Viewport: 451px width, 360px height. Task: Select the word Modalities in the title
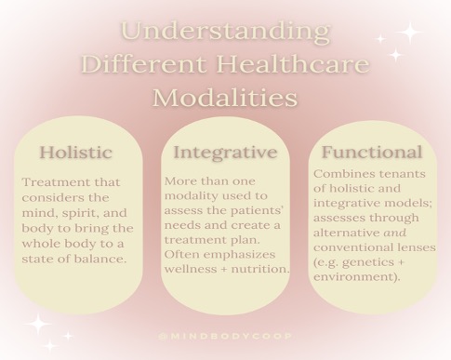coord(226,98)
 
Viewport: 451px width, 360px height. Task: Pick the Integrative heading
coord(226,152)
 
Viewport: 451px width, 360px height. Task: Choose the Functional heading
coord(371,153)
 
